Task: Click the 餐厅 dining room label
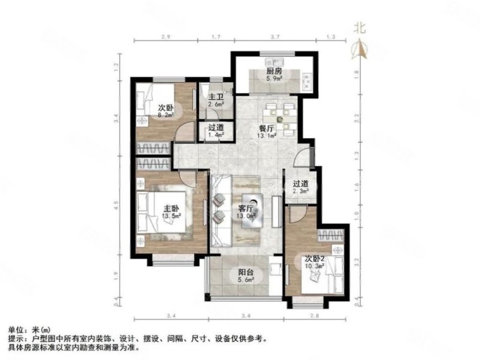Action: coord(267,128)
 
